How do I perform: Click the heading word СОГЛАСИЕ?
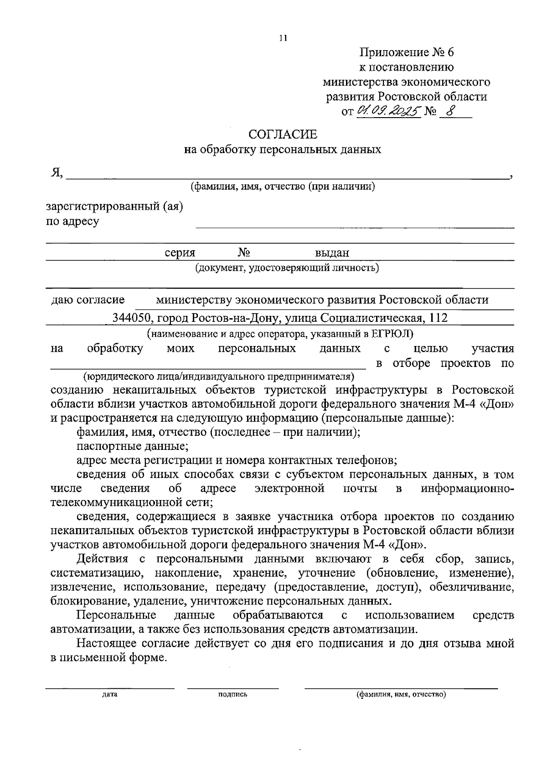(x=283, y=134)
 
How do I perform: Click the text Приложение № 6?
(x=407, y=52)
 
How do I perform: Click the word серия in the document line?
(x=180, y=253)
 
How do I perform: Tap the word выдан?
(x=332, y=253)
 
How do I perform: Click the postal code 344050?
(x=132, y=318)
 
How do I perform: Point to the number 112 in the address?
(x=439, y=318)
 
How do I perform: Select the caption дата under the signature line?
(x=110, y=695)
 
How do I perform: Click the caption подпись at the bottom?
(x=233, y=695)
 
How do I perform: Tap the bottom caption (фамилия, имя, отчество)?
(x=401, y=695)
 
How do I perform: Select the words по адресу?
(x=73, y=222)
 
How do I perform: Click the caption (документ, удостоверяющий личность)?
(x=287, y=268)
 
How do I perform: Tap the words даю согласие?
(x=88, y=300)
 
